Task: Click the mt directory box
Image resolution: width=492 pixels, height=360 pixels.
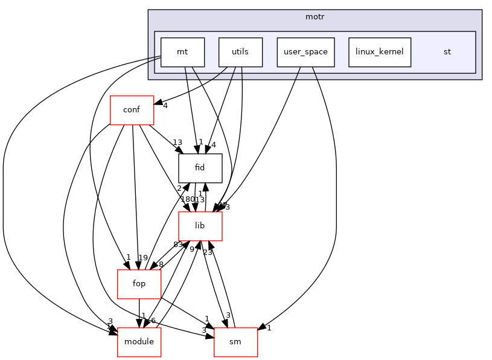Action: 182,52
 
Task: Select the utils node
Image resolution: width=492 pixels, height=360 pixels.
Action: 240,52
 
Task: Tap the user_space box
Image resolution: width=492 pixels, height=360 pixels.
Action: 305,52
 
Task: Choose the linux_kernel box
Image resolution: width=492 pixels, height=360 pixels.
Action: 380,52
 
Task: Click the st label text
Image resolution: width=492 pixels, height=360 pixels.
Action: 447,52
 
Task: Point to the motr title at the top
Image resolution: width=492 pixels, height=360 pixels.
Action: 315,16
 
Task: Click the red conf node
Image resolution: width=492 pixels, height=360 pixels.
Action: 132,111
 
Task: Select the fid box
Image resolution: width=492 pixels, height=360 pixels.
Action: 200,169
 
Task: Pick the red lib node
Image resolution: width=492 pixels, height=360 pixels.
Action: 200,226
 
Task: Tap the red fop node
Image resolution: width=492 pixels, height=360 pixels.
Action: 139,284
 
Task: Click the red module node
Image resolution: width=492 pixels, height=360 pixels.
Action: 139,342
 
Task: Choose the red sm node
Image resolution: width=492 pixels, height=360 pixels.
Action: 235,342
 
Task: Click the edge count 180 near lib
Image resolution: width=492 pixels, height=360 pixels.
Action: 187,199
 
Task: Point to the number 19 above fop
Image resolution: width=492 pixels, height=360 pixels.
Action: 142,258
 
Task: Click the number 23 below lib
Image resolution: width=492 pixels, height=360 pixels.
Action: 208,252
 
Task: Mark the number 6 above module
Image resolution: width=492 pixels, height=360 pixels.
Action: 154,320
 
